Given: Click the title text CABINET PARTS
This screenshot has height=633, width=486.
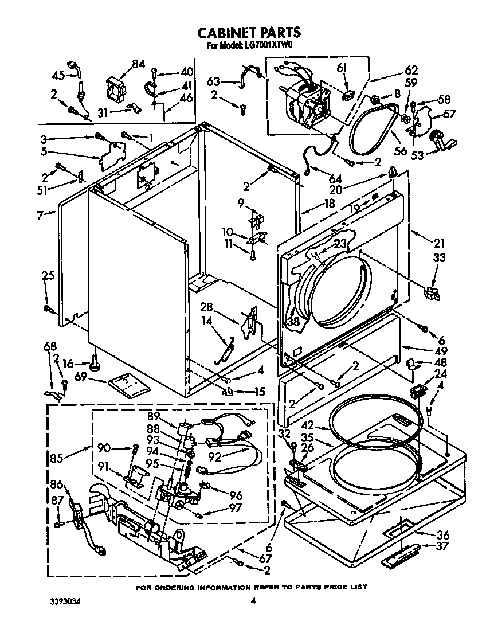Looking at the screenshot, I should point(249,33).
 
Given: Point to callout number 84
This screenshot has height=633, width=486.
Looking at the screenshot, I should point(138,64).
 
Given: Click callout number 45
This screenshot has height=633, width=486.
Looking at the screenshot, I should point(58,75).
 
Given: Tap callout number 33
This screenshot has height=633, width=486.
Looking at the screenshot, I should point(439,258).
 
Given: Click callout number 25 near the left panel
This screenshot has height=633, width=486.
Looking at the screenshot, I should point(48,276).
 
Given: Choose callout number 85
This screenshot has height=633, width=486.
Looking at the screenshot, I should point(57,459).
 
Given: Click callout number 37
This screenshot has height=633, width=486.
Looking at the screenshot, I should point(442,546).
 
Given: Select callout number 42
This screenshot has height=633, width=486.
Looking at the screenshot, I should point(324,427).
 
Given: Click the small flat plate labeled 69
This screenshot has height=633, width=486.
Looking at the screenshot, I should point(130,384).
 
